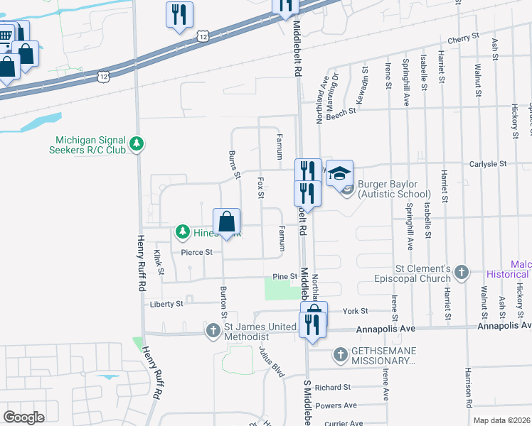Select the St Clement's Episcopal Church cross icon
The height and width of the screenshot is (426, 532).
coord(462,272)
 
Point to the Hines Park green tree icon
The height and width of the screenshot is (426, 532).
coord(183,232)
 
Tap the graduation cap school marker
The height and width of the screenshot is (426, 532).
coord(340,173)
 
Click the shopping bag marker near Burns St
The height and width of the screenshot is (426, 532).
coord(226,222)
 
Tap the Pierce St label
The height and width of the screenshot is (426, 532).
coord(196,252)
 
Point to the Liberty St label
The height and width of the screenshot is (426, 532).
coord(166,304)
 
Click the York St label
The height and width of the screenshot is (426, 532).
coord(354,311)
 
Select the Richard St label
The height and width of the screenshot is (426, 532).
coord(333,388)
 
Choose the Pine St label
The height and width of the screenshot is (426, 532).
coord(284,276)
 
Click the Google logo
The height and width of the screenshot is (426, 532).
coord(23,417)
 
